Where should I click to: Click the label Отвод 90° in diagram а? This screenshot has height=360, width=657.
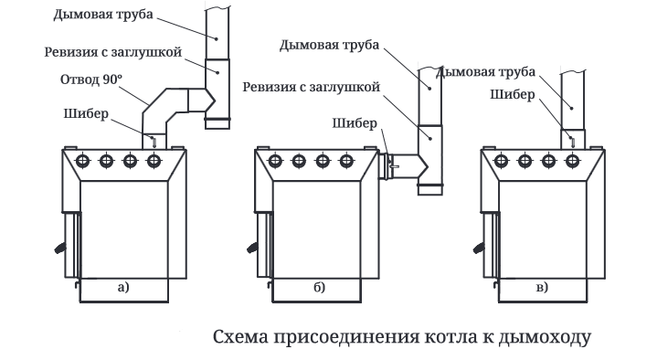[91, 79]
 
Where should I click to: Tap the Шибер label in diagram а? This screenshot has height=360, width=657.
[86, 114]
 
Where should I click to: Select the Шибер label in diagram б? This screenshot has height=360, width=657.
[355, 123]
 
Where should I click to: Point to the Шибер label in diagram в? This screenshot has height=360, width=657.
[513, 95]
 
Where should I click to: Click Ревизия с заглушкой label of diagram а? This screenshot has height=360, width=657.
[113, 52]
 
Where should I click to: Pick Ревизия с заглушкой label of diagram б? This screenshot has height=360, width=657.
[312, 87]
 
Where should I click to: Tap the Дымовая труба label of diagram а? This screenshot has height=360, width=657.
[103, 15]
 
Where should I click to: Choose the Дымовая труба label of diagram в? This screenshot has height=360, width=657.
[485, 72]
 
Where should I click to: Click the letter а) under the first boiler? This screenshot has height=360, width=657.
[123, 288]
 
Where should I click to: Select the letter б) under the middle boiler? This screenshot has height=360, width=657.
[319, 288]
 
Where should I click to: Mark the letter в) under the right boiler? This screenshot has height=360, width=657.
[542, 288]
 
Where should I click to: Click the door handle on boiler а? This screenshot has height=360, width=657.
[60, 248]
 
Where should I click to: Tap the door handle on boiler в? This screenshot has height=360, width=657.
[479, 248]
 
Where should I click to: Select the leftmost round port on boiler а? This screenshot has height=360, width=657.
[83, 161]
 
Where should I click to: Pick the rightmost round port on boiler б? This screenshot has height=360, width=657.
[346, 161]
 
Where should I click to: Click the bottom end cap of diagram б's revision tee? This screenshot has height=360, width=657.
[429, 189]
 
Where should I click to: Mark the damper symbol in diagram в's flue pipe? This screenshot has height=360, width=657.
[572, 142]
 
